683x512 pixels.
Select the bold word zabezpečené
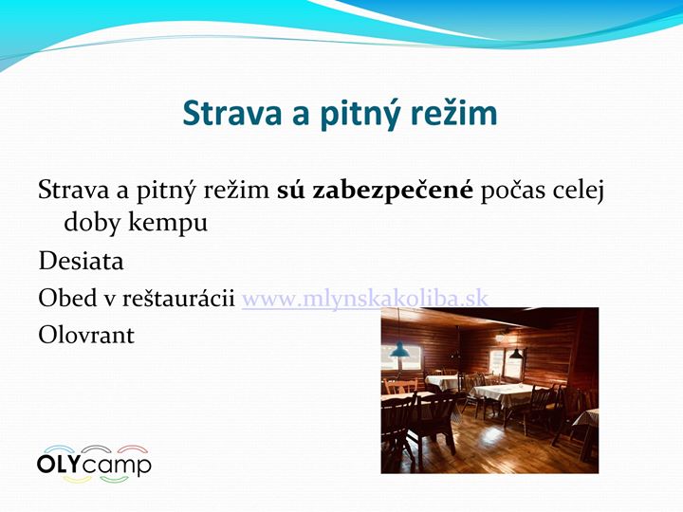coord(392,192)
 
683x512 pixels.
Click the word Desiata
coord(81,262)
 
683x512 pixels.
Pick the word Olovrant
coord(86,336)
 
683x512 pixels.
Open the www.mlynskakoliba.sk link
coord(364,299)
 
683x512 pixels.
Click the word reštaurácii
coord(178,299)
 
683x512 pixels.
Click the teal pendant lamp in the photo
coord(399,349)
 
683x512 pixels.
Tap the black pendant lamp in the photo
coord(516,354)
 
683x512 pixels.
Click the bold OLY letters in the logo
coord(59,464)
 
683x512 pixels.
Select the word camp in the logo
coord(117,466)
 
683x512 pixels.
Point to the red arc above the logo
coord(134,448)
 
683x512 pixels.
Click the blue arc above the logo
coord(59,448)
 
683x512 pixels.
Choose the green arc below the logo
coord(115,480)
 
